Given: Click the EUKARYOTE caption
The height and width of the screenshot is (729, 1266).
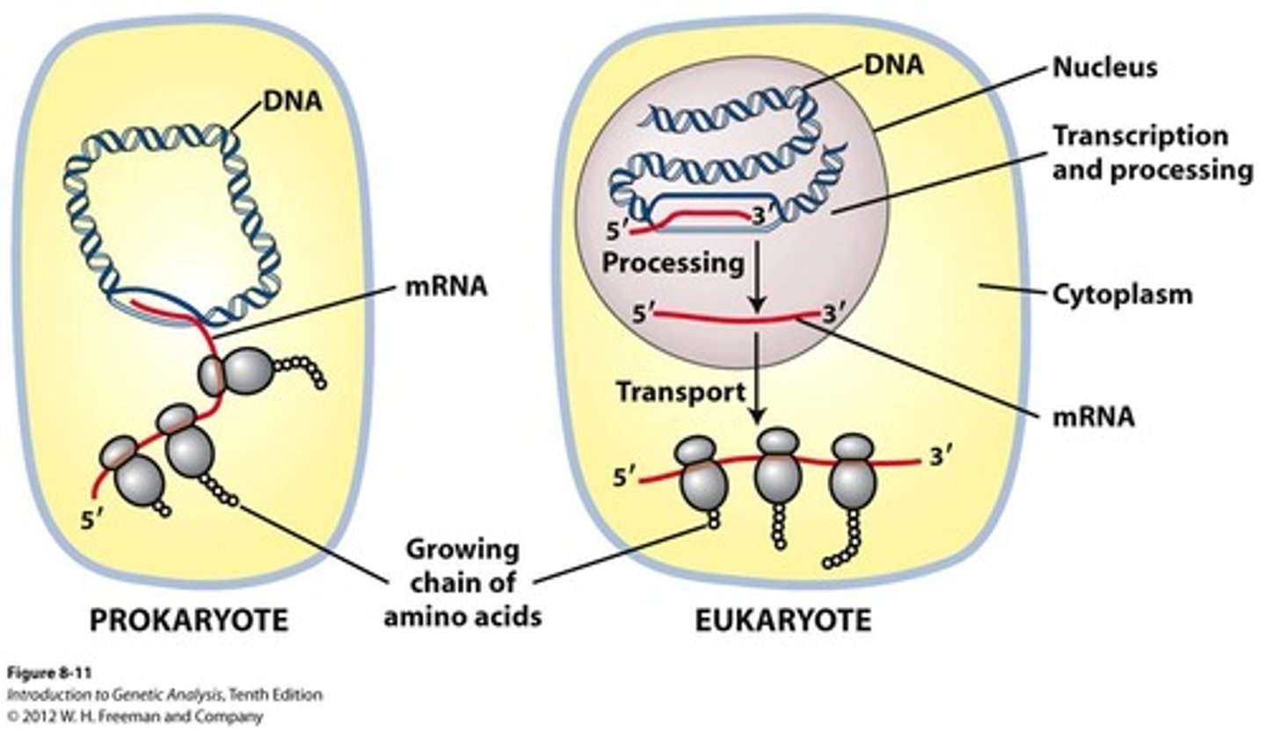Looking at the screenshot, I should pyautogui.click(x=782, y=621).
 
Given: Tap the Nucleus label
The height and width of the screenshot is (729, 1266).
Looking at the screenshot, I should pyautogui.click(x=1105, y=67).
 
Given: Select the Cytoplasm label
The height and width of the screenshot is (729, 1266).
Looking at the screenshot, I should pyautogui.click(x=1123, y=294).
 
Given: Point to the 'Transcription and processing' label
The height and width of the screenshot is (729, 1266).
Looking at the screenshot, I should pyautogui.click(x=1152, y=152).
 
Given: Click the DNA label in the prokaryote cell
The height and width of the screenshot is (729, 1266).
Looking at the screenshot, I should pyautogui.click(x=293, y=102).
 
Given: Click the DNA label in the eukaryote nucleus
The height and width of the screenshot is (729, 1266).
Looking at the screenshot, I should pyautogui.click(x=893, y=64).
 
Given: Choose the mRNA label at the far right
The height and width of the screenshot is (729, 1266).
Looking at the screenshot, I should pyautogui.click(x=1094, y=416).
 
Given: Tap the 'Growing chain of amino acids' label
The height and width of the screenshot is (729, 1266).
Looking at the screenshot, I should pyautogui.click(x=462, y=584).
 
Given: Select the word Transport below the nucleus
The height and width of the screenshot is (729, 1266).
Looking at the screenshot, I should pyautogui.click(x=680, y=391).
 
